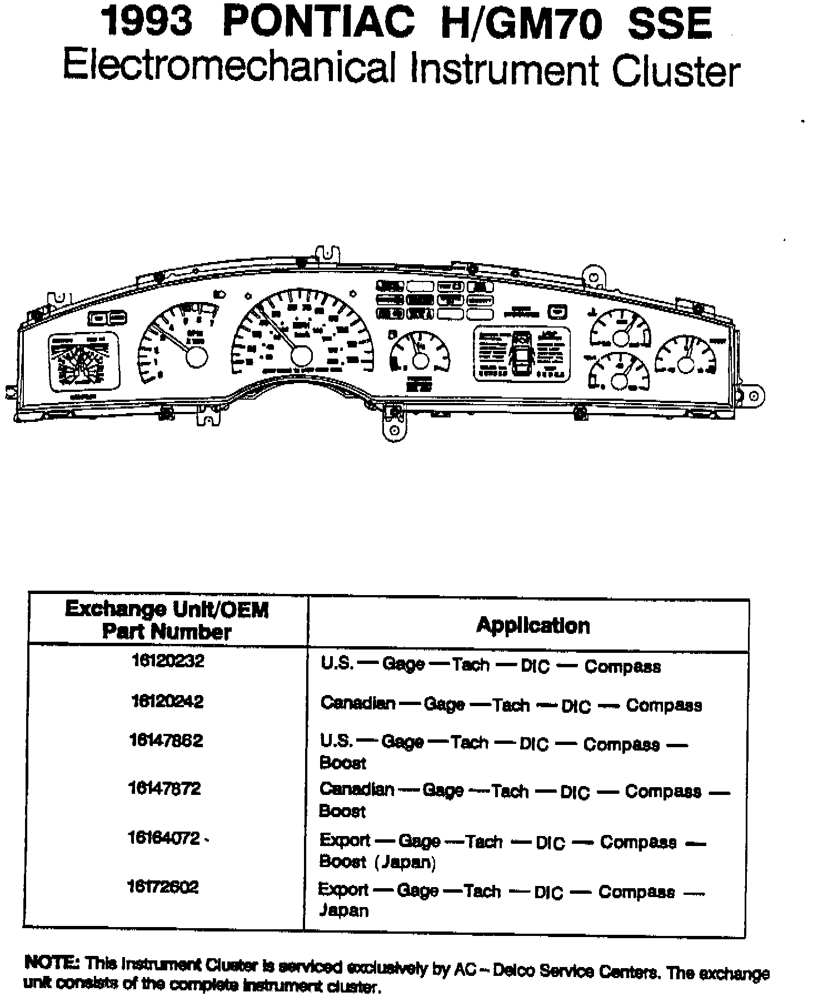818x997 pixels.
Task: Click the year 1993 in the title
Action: coord(147,23)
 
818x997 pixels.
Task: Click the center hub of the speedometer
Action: coord(302,356)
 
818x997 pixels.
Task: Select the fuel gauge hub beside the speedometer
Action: coord(420,361)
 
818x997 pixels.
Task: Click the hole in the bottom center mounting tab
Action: coord(394,430)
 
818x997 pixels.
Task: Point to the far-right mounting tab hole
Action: coord(754,396)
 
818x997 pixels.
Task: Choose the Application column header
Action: coord(533,626)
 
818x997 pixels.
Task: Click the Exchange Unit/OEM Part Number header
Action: coord(167,620)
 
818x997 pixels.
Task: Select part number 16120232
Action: coord(168,661)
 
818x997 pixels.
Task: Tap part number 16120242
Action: coord(168,701)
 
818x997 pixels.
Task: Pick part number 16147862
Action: coord(166,741)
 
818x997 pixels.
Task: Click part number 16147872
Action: coord(164,788)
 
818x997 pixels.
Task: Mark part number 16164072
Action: coord(164,838)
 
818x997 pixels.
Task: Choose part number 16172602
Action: coord(163,887)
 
